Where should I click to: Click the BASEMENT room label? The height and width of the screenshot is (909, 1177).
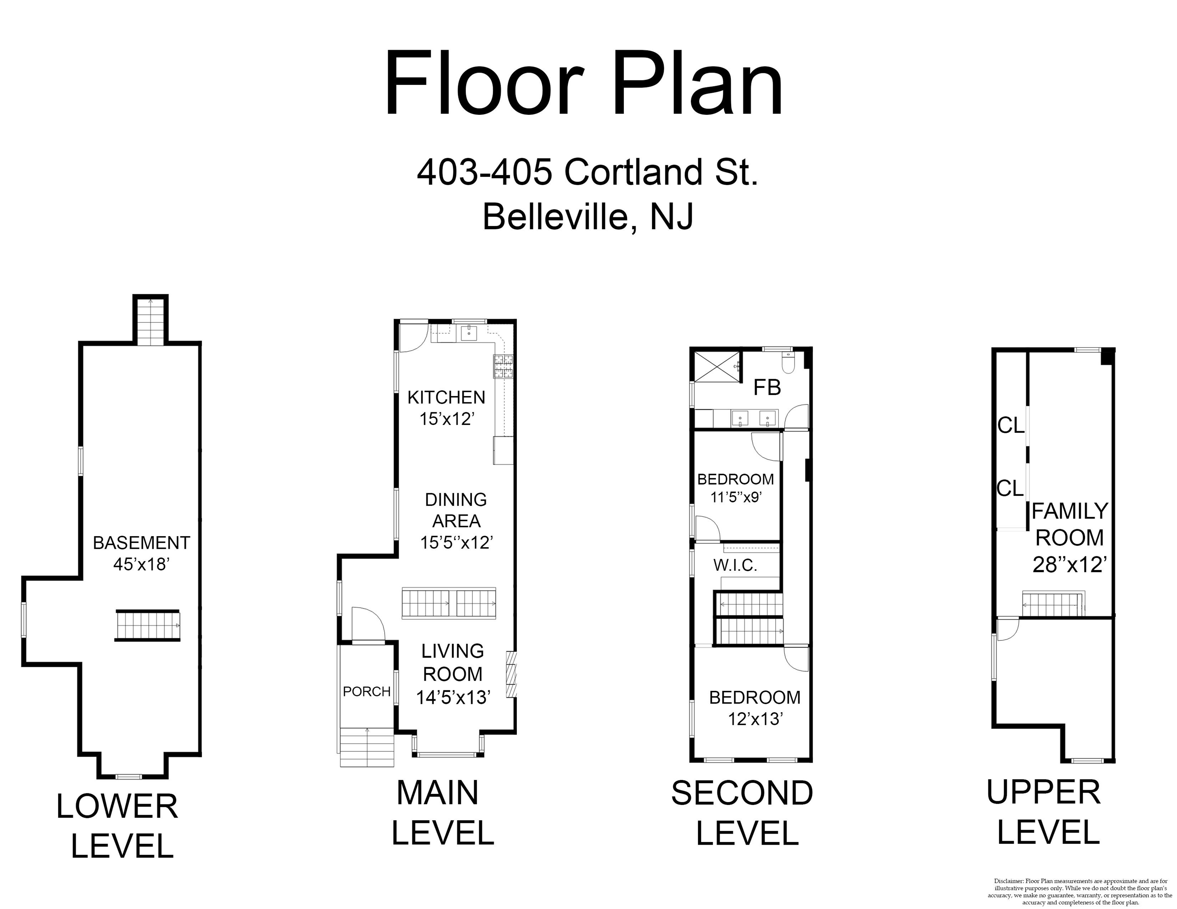click(142, 543)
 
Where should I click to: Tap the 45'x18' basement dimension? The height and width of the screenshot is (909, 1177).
click(142, 564)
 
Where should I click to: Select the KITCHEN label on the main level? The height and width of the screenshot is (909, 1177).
click(446, 397)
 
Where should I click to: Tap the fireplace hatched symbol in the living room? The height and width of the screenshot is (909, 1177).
click(511, 675)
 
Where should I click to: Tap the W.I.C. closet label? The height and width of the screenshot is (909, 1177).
click(735, 565)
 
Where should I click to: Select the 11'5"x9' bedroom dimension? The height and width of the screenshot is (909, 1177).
click(736, 497)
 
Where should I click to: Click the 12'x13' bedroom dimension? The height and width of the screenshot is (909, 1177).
click(755, 719)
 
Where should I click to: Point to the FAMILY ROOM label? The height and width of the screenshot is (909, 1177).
click(1069, 524)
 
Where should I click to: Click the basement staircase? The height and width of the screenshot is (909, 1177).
click(148, 626)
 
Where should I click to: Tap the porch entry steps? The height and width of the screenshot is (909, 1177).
click(367, 747)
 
